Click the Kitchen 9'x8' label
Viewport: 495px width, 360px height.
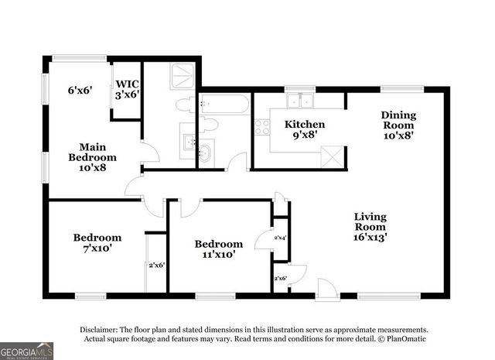[304, 129]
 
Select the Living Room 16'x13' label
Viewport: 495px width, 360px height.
[370, 227]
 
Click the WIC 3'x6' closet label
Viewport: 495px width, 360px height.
[126, 89]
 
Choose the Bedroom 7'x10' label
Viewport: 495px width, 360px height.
[97, 243]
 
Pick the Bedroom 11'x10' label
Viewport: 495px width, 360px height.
[217, 249]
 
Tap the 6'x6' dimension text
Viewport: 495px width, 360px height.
[80, 90]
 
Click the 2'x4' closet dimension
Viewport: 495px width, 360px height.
[280, 238]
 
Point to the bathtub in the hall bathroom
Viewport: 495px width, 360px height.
[224, 105]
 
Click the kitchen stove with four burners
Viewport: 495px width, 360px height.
[261, 126]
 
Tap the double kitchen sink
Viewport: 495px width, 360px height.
[299, 101]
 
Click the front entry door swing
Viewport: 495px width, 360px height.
[326, 287]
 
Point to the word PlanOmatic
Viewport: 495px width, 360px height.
[403, 339]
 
